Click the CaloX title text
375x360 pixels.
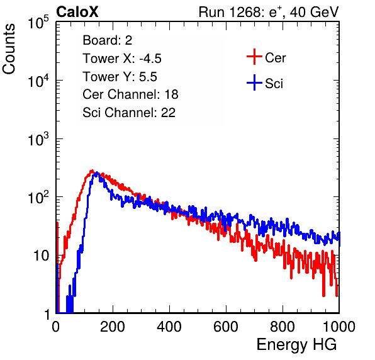tap(77, 11)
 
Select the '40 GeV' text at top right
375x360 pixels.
tap(314, 12)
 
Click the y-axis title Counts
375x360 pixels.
tap(9, 49)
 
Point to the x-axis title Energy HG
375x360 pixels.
tap(296, 345)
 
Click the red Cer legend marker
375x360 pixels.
tap(254, 57)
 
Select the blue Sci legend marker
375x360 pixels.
tap(254, 83)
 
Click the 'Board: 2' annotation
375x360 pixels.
tap(108, 40)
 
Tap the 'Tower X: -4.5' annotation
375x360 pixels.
tap(122, 59)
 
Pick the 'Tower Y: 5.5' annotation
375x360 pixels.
tap(120, 77)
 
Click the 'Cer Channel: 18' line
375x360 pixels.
tap(130, 94)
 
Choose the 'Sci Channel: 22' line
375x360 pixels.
tap(129, 113)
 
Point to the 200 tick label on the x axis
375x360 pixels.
tap(113, 327)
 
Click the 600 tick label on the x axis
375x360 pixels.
tap(226, 327)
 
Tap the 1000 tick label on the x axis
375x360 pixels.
tap(339, 327)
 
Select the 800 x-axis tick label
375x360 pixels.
tap(283, 327)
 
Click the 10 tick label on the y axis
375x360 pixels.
tap(41, 256)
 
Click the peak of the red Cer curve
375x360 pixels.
tap(92, 171)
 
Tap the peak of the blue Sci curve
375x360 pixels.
tap(96, 172)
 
